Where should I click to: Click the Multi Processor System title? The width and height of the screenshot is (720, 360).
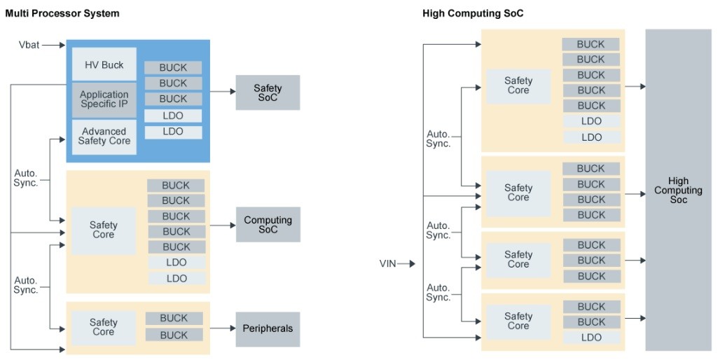(x=62, y=13)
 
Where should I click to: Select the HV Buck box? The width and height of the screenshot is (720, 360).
(x=104, y=65)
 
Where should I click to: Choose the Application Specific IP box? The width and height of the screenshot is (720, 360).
(x=104, y=99)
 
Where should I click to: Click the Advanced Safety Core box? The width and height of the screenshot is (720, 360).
(x=104, y=136)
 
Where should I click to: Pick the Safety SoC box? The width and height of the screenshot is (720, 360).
(x=268, y=92)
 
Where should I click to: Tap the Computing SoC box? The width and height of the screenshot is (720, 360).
(x=268, y=225)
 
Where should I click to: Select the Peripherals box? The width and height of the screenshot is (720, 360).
(x=268, y=328)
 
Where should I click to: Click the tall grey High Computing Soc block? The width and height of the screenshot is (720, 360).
(x=678, y=191)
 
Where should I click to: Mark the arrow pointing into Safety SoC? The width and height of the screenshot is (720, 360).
(x=222, y=91)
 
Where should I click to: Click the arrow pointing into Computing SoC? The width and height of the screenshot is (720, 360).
(x=222, y=225)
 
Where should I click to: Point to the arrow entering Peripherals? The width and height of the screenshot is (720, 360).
(x=222, y=328)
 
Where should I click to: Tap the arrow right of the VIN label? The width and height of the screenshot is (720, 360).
(x=409, y=264)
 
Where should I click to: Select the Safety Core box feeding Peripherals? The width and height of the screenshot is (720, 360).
(x=104, y=328)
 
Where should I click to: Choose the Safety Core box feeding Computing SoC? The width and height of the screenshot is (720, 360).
(x=104, y=230)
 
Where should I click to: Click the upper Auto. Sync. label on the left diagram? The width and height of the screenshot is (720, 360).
(x=26, y=178)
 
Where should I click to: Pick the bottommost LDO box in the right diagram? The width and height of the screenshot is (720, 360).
(x=591, y=338)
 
